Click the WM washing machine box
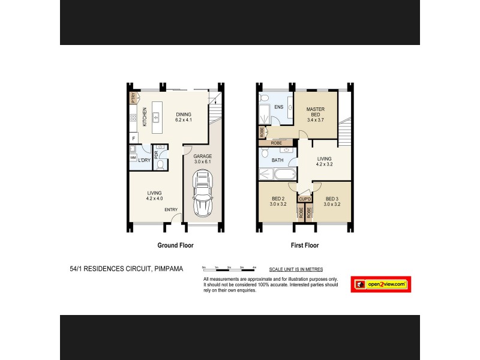coord(133,157)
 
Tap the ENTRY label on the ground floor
coord(171,209)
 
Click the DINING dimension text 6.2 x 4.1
coord(183,120)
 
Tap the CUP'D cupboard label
coord(304,199)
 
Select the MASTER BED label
coord(315,112)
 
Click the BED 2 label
coord(278,199)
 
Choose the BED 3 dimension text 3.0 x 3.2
coord(332,204)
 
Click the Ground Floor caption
coord(175,245)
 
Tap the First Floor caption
coord(305,245)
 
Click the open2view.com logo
coord(381,284)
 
